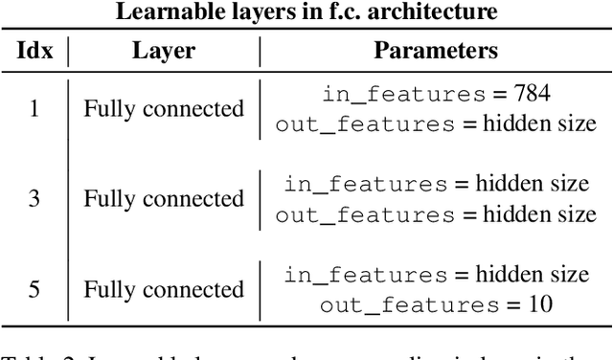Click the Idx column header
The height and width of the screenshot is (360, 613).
tap(34, 50)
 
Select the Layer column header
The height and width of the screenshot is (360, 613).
tap(163, 50)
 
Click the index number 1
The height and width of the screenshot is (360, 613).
tap(34, 108)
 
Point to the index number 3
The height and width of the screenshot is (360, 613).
tap(34, 198)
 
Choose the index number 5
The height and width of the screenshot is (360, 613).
tap(34, 289)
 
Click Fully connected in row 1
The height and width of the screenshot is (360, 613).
tap(164, 108)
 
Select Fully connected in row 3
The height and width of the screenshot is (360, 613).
tap(164, 198)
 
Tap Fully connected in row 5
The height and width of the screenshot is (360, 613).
tap(164, 289)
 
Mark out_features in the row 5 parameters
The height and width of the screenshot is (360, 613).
tap(393, 305)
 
